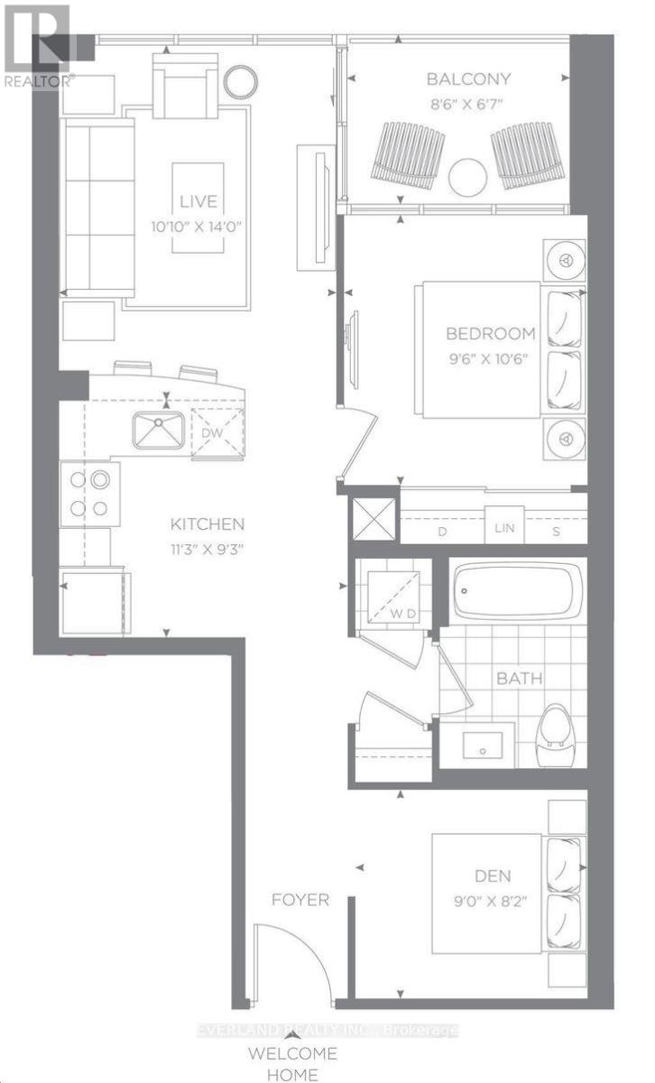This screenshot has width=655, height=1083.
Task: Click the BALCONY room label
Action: coord(468,79)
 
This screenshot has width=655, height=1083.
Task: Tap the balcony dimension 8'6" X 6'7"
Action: coord(466,104)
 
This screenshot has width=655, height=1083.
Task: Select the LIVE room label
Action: coord(198,201)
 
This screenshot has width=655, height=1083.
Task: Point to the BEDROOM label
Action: coord(490,334)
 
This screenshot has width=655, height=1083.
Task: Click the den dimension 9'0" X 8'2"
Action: coord(490,901)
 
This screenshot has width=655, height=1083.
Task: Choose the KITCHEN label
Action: coord(208,524)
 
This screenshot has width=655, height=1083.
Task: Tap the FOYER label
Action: coord(300,900)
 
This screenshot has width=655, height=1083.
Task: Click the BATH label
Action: coord(519,679)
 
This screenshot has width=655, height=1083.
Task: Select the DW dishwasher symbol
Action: coord(217,433)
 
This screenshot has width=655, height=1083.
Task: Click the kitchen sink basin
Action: coord(159,430)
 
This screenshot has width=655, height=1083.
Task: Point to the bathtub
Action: coord(515,591)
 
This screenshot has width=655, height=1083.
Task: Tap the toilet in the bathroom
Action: coord(556,736)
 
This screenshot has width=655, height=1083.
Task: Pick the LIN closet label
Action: coord(504,527)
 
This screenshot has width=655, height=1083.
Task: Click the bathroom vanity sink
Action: coord(483,745)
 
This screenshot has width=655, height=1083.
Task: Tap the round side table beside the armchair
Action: coord(240,80)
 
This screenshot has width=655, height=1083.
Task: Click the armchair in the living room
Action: coord(185,86)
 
